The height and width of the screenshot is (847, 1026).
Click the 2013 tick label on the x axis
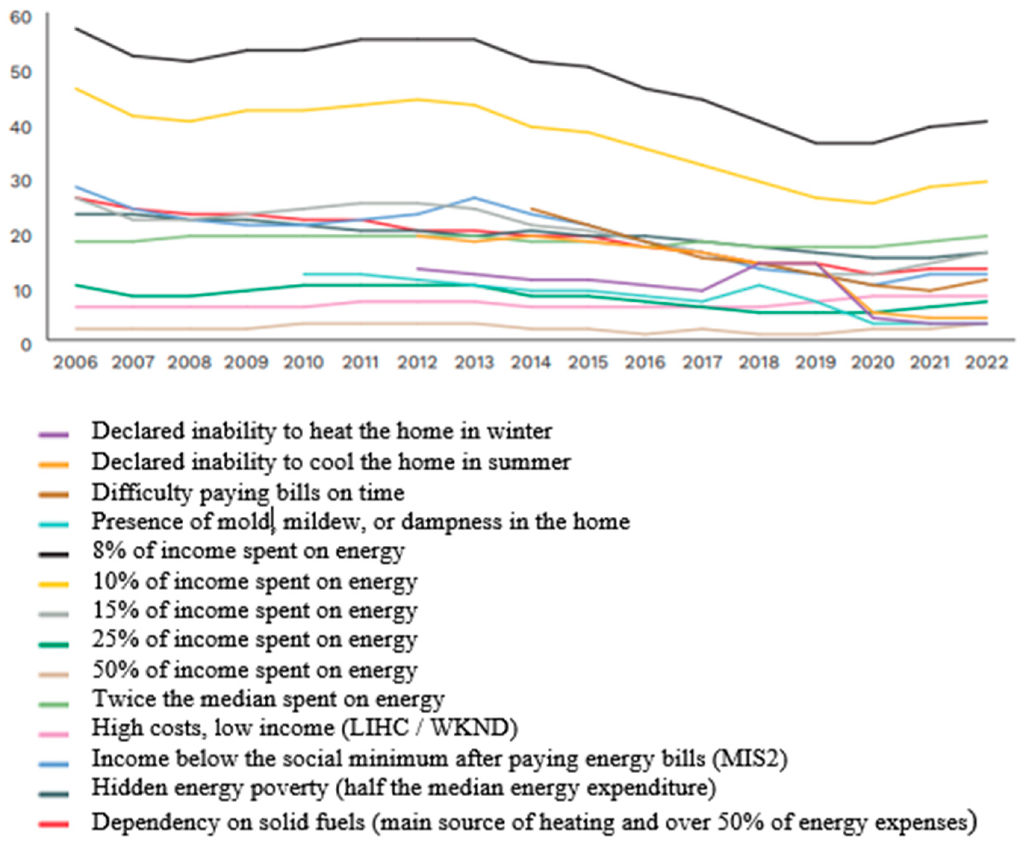click(x=474, y=362)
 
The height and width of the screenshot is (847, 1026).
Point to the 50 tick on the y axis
click(x=20, y=72)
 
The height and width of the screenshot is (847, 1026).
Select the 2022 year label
click(x=987, y=362)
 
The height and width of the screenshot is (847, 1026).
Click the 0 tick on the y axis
click(x=26, y=345)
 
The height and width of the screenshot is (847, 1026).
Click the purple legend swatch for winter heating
click(x=54, y=434)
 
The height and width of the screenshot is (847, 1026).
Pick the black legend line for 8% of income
click(x=54, y=554)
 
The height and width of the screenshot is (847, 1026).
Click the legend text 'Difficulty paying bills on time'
click(x=248, y=492)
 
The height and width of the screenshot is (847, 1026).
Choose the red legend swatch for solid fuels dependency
click(x=54, y=824)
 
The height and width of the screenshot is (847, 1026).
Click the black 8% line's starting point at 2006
click(x=76, y=28)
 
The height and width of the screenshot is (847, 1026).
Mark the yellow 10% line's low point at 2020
click(x=873, y=203)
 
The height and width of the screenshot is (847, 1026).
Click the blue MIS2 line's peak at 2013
click(x=474, y=197)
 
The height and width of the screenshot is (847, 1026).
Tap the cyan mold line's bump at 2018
click(x=759, y=285)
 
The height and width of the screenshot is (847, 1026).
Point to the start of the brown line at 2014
click(x=531, y=209)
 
